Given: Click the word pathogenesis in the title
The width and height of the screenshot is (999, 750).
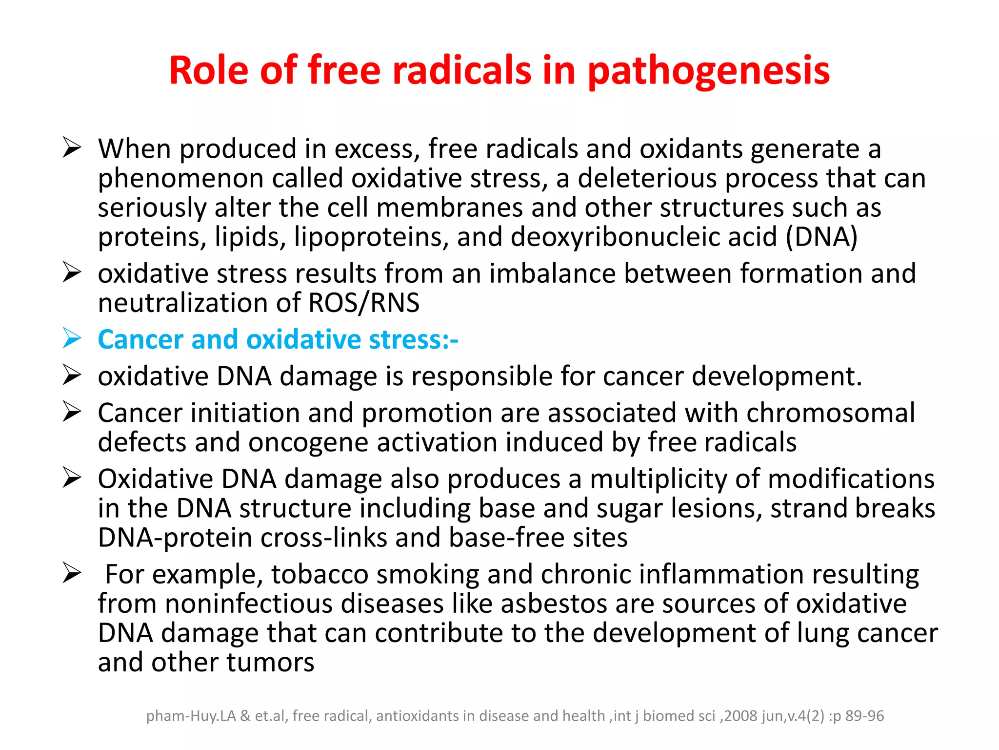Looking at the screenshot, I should pos(708,71).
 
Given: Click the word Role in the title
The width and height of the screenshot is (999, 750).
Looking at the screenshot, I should pos(209,71).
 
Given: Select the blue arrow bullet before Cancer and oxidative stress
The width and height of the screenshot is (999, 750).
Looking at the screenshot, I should pos(72,338).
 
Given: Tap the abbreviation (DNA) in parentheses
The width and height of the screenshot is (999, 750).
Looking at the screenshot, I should pos(821,237).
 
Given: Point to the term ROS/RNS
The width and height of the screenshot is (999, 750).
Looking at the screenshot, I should pos(364,303).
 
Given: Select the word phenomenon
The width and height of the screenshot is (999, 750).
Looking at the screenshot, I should pos(180,179).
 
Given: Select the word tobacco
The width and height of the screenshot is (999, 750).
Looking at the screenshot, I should pos(320,574).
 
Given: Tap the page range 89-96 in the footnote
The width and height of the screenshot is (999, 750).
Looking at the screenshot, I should pos(864,716).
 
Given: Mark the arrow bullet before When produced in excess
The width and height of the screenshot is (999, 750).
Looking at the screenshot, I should pos(72,147).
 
